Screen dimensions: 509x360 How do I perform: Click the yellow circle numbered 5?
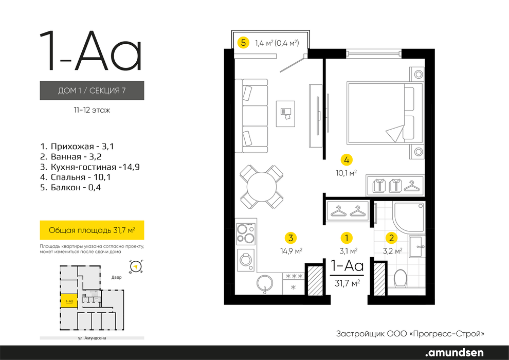[244, 43]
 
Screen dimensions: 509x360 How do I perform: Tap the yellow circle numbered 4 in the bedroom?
[347, 160]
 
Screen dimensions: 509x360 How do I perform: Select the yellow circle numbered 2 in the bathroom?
[391, 238]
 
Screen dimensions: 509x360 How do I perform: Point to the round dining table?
[262, 187]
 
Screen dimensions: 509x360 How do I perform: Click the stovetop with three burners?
[246, 233]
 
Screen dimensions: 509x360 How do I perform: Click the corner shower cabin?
[409, 217]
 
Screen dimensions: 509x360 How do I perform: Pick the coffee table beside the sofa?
[286, 114]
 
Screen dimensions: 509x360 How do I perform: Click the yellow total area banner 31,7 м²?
[92, 230]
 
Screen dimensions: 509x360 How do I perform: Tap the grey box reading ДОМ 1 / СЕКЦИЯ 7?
[92, 90]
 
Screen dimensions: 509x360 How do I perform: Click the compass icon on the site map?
[137, 267]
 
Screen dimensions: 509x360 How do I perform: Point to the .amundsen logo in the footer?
[454, 352]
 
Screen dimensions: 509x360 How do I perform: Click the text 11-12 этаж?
[92, 110]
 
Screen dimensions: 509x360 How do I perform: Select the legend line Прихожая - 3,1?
[77, 147]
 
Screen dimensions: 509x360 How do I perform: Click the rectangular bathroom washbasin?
[417, 247]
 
